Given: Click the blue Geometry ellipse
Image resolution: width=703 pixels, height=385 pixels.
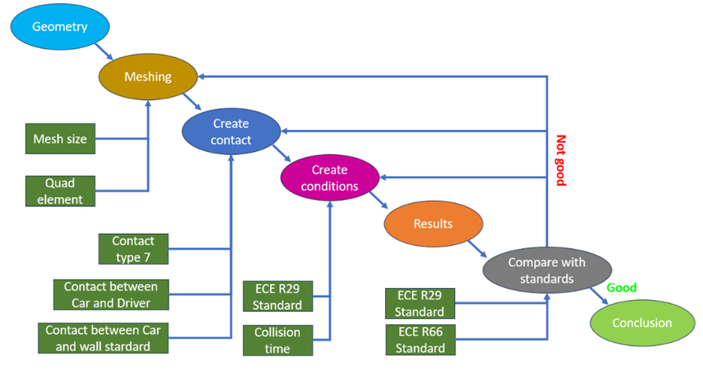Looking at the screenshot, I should pyautogui.click(x=60, y=27).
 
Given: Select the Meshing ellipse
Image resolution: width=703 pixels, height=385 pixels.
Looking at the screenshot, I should pyautogui.click(x=147, y=76).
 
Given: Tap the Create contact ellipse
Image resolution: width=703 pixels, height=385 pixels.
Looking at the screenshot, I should pyautogui.click(x=231, y=131).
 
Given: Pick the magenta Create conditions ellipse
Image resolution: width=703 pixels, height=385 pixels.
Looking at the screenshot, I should pyautogui.click(x=329, y=178).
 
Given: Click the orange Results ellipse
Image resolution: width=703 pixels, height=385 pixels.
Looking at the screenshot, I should pyautogui.click(x=433, y=224).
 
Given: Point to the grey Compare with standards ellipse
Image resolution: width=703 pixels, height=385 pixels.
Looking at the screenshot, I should pyautogui.click(x=546, y=270).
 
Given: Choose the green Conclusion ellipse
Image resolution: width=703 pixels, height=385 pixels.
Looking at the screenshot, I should pyautogui.click(x=642, y=323).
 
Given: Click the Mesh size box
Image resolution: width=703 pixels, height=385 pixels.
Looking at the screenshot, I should pyautogui.click(x=59, y=139).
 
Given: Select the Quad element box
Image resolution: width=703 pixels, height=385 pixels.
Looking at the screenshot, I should pyautogui.click(x=59, y=191).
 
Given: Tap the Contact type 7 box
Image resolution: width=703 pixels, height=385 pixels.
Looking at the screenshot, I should pyautogui.click(x=133, y=249).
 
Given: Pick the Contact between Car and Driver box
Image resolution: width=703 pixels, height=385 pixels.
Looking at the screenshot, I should pyautogui.click(x=110, y=294).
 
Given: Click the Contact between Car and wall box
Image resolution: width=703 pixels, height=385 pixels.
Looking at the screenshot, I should pyautogui.click(x=102, y=338).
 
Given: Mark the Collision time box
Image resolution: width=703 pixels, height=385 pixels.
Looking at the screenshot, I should pyautogui.click(x=277, y=340).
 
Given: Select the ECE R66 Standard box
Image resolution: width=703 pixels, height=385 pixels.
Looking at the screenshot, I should pyautogui.click(x=420, y=339).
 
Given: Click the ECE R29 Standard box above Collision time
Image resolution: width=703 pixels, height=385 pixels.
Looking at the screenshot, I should pyautogui.click(x=277, y=296).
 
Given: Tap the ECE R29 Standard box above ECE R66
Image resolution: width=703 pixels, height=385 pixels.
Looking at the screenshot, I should pyautogui.click(x=420, y=303).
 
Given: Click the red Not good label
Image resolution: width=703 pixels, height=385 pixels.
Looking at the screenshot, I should pyautogui.click(x=561, y=161).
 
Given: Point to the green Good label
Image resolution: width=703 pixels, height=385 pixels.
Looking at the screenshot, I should pyautogui.click(x=621, y=288).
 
